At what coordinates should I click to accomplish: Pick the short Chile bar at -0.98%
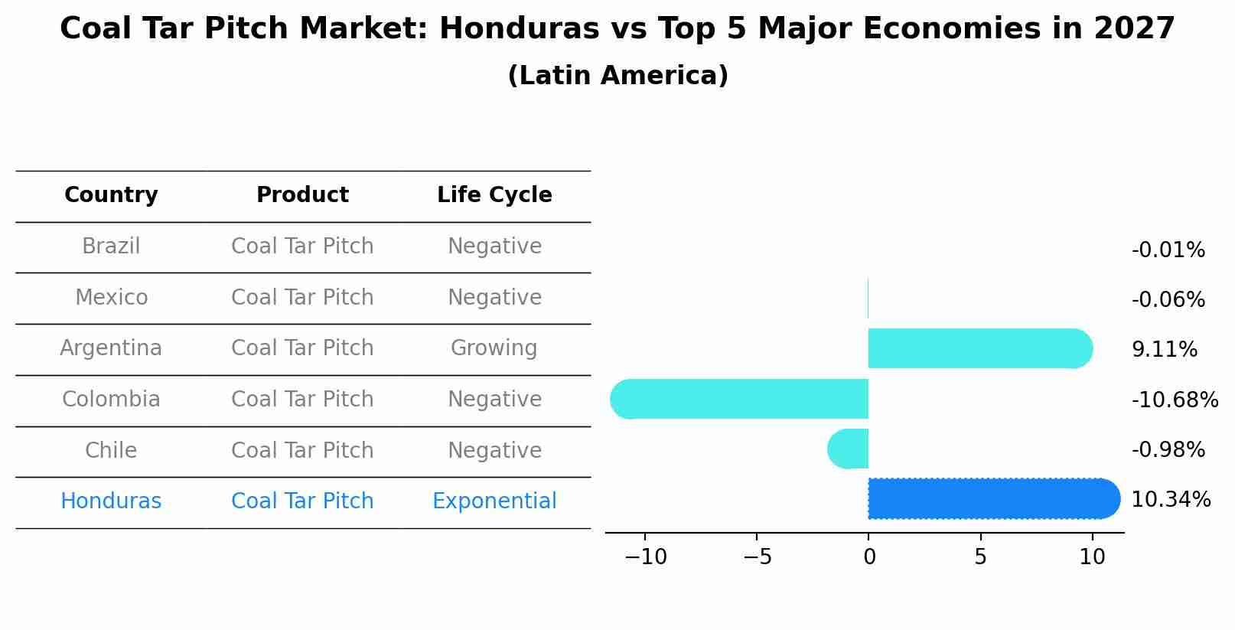tap(849, 449)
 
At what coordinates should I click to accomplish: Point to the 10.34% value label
tap(1170, 500)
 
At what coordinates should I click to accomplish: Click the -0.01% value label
tap(1168, 250)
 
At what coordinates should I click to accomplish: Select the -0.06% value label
tap(1168, 300)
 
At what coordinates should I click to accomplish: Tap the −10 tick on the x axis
tap(645, 557)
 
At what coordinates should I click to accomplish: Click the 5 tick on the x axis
tap(980, 557)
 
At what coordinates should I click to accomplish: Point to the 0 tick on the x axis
tap(868, 557)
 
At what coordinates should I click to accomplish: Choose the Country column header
tap(111, 195)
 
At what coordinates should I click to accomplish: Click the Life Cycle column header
tap(494, 195)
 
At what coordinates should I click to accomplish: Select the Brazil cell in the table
tap(111, 246)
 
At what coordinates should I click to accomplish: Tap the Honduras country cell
tap(111, 501)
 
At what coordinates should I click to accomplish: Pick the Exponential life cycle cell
tap(494, 501)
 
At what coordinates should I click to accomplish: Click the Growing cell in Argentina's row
tap(494, 348)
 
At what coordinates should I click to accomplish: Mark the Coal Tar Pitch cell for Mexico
tap(302, 298)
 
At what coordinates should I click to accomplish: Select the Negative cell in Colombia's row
tap(494, 400)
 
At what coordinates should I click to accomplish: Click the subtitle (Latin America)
tap(617, 76)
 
